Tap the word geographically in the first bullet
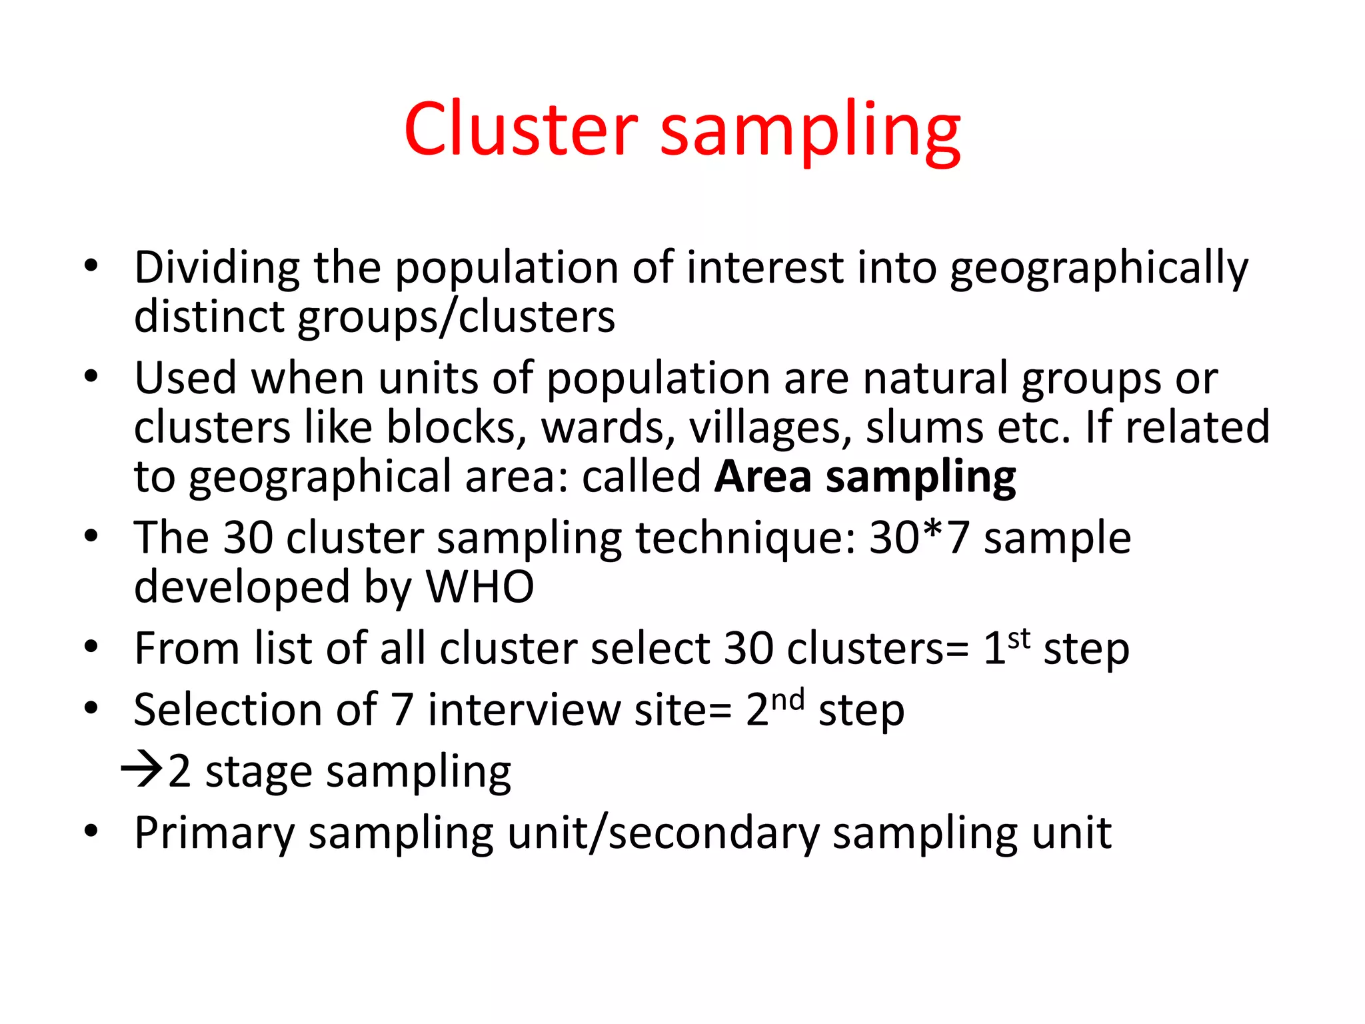pos(1098,268)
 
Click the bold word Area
pos(762,477)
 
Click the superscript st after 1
pos(1019,638)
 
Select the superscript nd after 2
pos(788,700)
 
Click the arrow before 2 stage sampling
pos(141,770)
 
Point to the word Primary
pos(214,833)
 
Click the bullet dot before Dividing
pos(91,267)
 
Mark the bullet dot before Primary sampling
pos(91,831)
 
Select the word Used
pos(185,378)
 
